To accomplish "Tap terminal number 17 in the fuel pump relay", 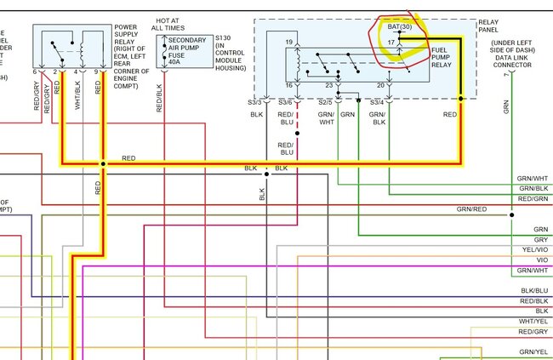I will coord(392,42).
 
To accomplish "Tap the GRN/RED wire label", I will coord(471,209).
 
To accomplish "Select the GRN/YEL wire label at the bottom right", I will coord(533,351).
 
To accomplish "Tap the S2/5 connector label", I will coord(325,102).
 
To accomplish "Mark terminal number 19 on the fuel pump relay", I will coord(289,42).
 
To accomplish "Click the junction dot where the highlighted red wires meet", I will coord(103,163).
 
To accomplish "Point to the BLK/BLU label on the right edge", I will coord(534,291).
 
